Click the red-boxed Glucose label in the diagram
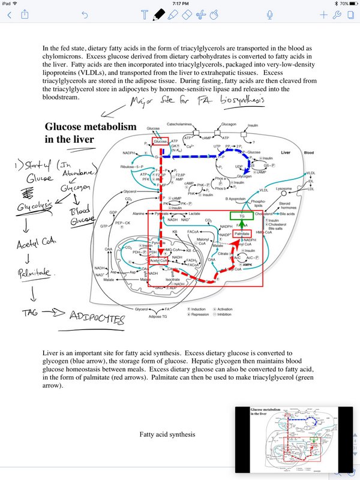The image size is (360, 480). pyautogui.click(x=160, y=141)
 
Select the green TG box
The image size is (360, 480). pyautogui.click(x=242, y=215)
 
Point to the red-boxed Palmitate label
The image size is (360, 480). pyautogui.click(x=242, y=233)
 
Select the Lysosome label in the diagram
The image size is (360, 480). pyautogui.click(x=284, y=188)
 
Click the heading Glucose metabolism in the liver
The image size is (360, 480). pyautogui.click(x=91, y=133)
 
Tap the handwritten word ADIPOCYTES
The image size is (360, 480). pyautogui.click(x=96, y=316)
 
